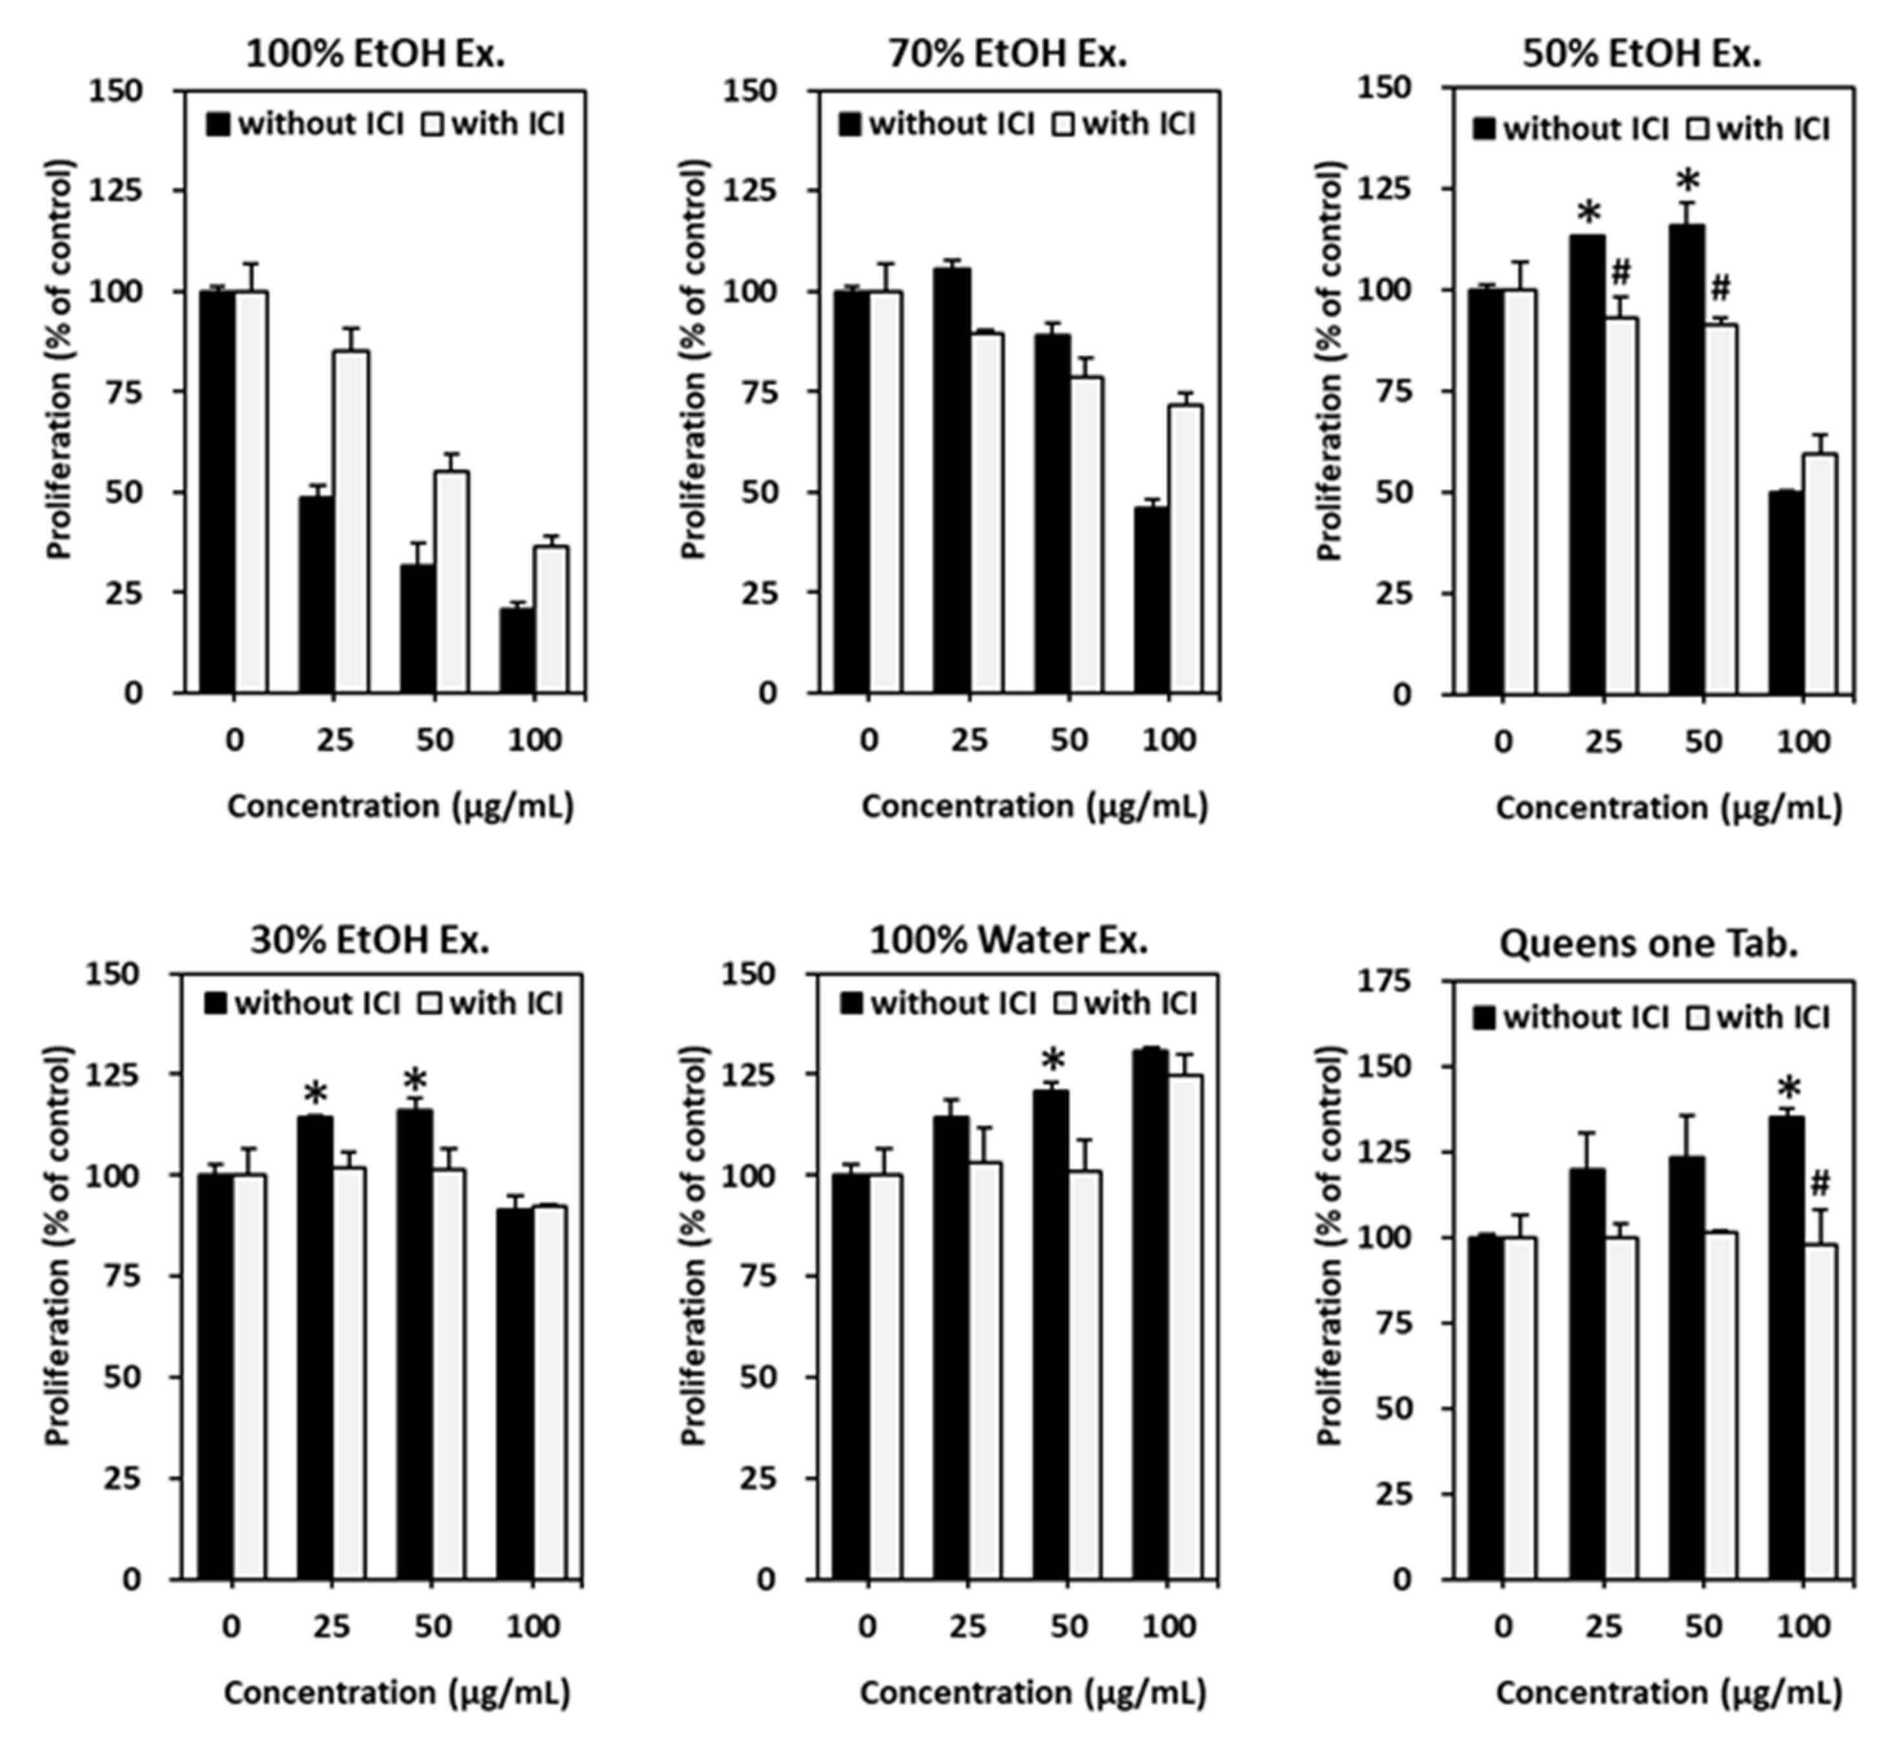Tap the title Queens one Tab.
point(1648,943)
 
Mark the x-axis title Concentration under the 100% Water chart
point(1032,1693)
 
